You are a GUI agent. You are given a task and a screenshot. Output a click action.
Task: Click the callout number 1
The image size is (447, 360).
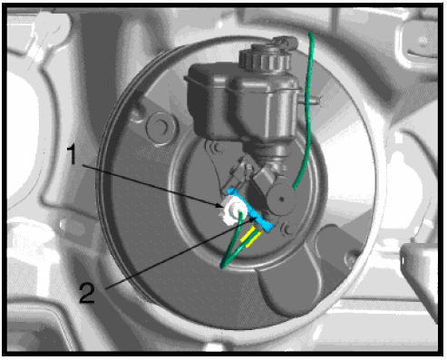point(72,154)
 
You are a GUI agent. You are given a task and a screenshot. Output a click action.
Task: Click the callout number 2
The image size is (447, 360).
point(87,293)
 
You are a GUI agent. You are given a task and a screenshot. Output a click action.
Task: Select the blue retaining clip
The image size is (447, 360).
point(249,209)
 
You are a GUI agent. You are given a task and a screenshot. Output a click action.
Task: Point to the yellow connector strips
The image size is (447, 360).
point(250,237)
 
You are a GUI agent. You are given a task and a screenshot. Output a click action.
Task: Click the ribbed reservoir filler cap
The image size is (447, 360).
point(265,57)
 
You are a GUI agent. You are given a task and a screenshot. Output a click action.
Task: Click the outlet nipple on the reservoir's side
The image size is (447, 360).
point(311,101)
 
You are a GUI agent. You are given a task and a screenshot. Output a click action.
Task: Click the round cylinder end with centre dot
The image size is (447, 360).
point(282,199)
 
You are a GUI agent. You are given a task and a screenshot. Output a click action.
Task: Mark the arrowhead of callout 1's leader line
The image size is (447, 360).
point(221,207)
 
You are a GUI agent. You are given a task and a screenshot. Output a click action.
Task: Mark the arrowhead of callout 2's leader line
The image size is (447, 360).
point(256,219)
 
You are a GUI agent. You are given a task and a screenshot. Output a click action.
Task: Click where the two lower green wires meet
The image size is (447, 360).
point(223,266)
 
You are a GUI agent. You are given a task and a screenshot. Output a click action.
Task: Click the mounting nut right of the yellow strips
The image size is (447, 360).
point(287,229)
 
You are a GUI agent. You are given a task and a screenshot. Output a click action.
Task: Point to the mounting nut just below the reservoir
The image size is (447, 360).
point(217,148)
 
